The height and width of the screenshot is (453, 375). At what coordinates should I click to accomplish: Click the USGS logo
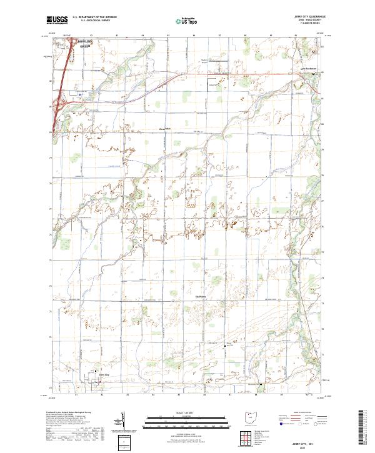[57, 20]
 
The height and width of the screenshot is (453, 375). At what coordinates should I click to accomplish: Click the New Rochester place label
[308, 68]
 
